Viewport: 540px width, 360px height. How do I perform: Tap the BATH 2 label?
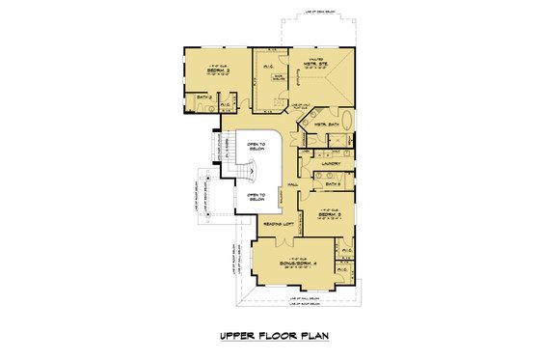coord(203,97)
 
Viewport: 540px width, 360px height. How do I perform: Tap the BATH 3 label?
coord(334,183)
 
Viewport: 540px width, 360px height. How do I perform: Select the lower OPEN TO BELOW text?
coord(256,198)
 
